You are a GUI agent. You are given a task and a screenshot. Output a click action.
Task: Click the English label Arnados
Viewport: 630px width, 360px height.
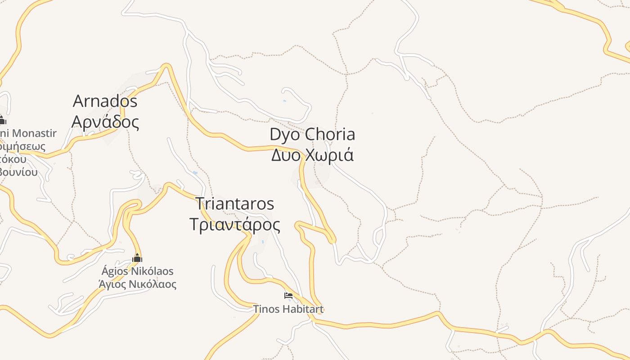tap(105, 101)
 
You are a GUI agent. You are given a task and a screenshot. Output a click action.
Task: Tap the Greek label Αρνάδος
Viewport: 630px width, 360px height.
tap(105, 121)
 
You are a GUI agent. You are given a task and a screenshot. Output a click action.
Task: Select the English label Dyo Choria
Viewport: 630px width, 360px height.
tap(312, 134)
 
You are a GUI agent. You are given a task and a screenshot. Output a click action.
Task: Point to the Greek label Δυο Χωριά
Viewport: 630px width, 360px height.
tap(312, 155)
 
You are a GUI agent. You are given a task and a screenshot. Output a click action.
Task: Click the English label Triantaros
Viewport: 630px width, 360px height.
tap(234, 203)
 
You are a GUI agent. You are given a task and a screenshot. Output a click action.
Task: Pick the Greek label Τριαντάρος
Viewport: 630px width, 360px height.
tap(234, 224)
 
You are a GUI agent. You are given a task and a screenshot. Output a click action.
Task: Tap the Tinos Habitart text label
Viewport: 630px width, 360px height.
tap(288, 309)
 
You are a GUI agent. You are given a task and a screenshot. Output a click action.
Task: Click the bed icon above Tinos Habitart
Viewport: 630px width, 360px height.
tap(288, 296)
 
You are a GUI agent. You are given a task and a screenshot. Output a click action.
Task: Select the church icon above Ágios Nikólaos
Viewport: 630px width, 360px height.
tap(137, 258)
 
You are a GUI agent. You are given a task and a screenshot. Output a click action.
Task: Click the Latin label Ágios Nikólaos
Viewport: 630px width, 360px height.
tap(137, 271)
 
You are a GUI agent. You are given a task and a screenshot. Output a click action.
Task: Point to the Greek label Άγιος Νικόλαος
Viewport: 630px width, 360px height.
tap(137, 284)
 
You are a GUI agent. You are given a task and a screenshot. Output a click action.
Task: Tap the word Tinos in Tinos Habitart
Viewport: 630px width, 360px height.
tap(265, 309)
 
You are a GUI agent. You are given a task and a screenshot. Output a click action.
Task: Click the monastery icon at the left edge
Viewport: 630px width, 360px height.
tap(2, 120)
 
